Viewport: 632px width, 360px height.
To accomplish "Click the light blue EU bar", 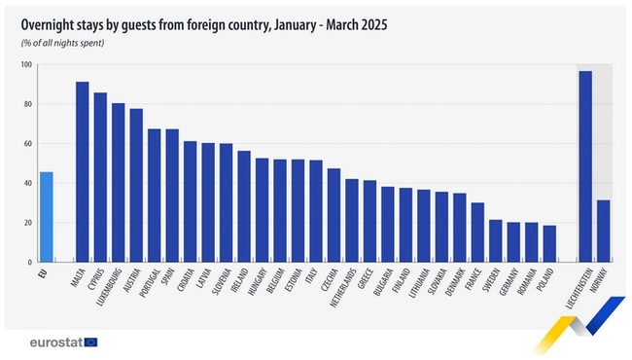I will point(47,217).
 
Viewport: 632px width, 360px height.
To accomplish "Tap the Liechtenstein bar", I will point(585,166).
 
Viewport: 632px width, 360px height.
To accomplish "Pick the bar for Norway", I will point(603,231).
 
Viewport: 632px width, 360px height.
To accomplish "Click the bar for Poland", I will point(549,243).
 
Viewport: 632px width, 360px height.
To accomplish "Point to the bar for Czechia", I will point(334,215).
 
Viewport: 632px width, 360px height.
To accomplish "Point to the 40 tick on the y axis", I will point(28,183).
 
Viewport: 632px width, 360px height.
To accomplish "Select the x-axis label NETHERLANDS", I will point(343,290).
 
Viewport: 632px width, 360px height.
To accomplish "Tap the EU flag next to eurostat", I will point(91,342).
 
